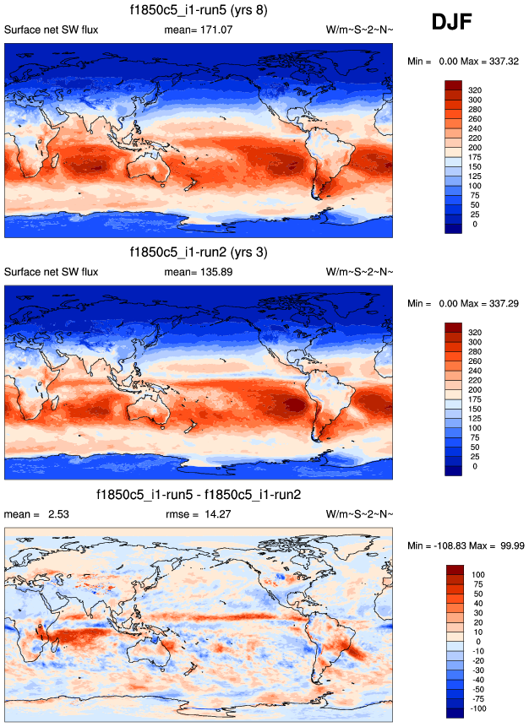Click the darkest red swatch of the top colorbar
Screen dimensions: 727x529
click(x=454, y=85)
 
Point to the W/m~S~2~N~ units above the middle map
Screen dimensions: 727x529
click(x=359, y=272)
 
